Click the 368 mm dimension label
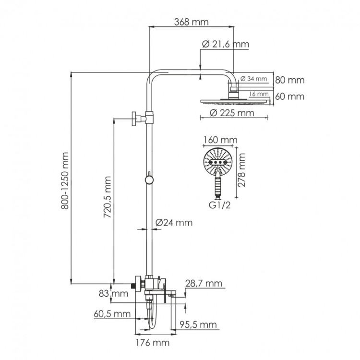pyautogui.click(x=191, y=22)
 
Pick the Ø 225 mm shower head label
pyautogui.click(x=232, y=113)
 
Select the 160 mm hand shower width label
pyautogui.click(x=220, y=140)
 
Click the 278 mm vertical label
pyautogui.click(x=242, y=170)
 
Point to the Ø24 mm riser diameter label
pyautogui.click(x=174, y=223)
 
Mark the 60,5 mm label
pyautogui.click(x=113, y=314)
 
